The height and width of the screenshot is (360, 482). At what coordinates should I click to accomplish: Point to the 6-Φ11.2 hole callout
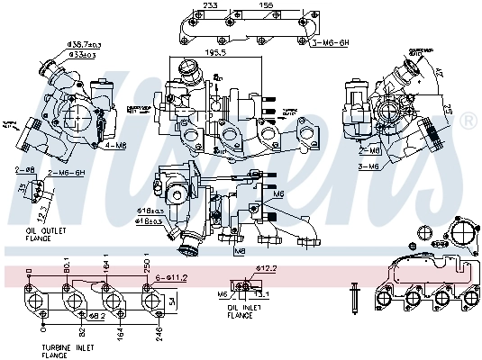pyautogui.click(x=171, y=278)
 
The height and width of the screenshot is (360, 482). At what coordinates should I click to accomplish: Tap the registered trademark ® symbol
pyautogui.click(x=468, y=120)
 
